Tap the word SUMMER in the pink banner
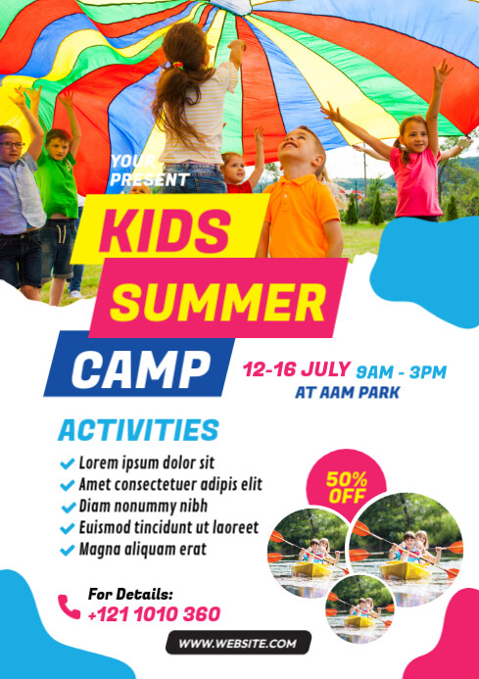coord(216,298)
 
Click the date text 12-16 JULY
coord(297,369)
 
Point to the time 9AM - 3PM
coord(401,371)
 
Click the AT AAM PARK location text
coord(348,393)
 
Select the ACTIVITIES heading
coord(138,430)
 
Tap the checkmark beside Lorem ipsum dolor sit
coord(67,462)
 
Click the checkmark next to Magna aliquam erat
coord(67,550)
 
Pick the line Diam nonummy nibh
coord(143,506)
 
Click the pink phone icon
coord(69,606)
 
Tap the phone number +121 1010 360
coord(154,615)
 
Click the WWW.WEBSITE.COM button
coord(238,643)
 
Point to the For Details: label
coord(130,594)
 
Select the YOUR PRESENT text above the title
coord(149,170)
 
